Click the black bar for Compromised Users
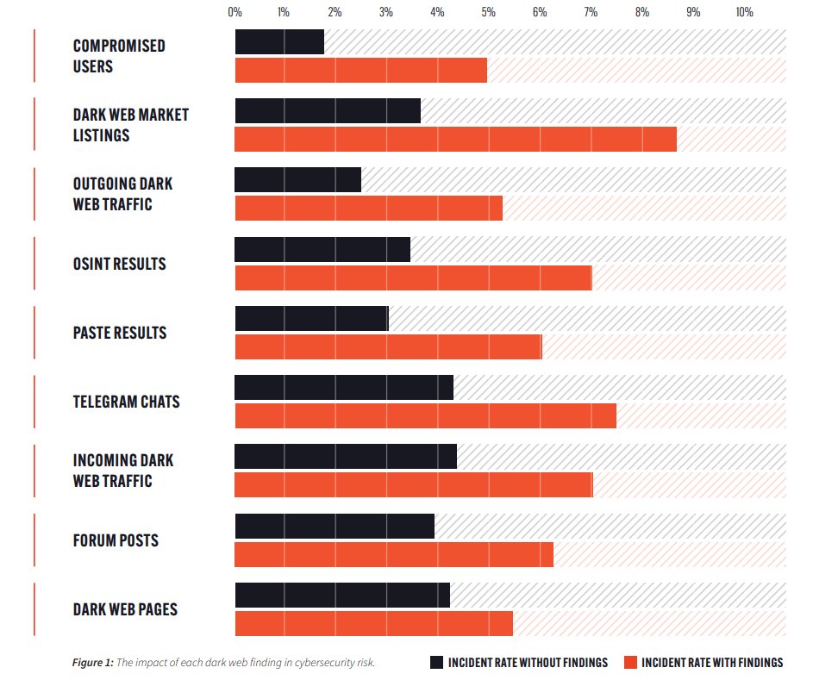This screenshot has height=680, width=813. [279, 42]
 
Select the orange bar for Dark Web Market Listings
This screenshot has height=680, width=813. [455, 139]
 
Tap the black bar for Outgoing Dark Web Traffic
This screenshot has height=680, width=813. [297, 180]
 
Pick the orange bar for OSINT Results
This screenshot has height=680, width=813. [413, 278]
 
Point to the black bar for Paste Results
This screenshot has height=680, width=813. [311, 319]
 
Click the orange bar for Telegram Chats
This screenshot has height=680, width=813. [425, 415]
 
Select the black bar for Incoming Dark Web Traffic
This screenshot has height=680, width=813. [345, 457]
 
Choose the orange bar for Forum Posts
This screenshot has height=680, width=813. [393, 554]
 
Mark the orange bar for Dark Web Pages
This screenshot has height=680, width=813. [373, 623]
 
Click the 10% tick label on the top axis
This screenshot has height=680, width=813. [744, 12]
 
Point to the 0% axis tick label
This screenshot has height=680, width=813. [235, 12]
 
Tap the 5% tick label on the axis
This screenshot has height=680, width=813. [489, 12]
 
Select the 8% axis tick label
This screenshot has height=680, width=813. [642, 12]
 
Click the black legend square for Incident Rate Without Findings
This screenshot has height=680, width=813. [437, 662]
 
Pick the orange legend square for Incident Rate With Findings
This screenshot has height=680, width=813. [629, 662]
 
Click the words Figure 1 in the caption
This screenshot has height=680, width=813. [92, 662]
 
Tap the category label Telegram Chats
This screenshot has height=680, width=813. [126, 402]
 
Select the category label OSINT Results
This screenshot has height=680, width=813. [119, 264]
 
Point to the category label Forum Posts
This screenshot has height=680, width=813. [116, 540]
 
